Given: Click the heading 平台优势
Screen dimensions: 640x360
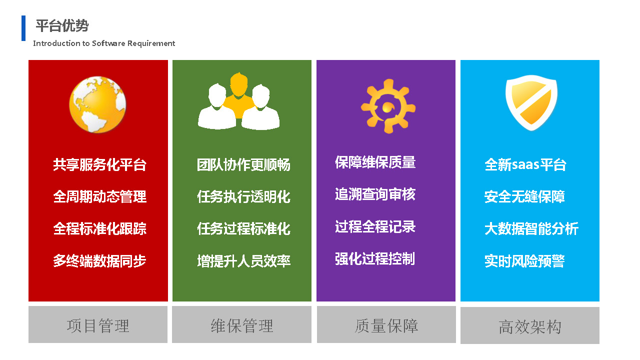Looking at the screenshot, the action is pos(62,25).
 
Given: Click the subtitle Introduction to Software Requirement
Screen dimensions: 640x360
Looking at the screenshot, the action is pos(104,43).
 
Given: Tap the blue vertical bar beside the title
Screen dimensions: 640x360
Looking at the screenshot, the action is pos(23,28).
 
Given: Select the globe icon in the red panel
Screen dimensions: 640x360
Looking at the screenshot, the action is pos(97,104).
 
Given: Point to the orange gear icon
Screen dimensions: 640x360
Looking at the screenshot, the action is pos(388,106).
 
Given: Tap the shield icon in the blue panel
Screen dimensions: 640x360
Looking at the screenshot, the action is pos(531,103).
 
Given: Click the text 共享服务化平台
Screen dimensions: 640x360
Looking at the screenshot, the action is pos(99,165).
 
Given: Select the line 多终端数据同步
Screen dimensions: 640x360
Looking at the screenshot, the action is pos(99,261).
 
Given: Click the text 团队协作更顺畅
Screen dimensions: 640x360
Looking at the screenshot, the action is pos(243,165).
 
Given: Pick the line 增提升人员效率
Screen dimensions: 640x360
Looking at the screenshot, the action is pos(243,261).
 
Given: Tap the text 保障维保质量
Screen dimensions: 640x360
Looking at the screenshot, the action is pos(375,162).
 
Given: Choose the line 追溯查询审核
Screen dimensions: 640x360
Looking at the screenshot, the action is pos(375,194).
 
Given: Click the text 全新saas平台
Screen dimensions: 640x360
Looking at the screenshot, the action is pos(525,165).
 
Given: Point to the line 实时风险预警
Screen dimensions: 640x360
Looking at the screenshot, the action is pos(524,261).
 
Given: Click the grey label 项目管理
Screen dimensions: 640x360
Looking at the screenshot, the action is pos(98,325).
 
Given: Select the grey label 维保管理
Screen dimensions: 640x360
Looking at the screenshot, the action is pos(242,325).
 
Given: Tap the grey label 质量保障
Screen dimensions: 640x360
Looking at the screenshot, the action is pos(386,325).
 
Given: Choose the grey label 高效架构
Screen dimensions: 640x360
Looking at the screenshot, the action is pos(530,327).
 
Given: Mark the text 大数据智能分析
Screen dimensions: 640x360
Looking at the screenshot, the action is pos(531,229).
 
